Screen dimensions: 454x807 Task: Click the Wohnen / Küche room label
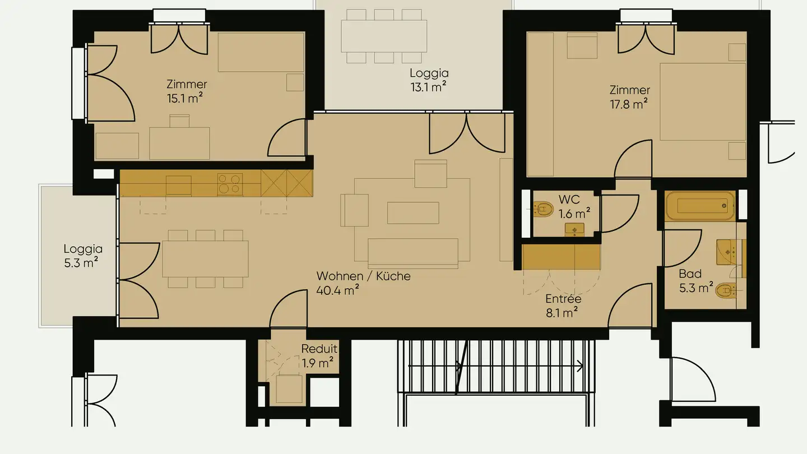[363, 276]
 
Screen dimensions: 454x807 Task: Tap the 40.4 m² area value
[337, 290]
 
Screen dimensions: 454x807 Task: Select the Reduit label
[319, 349]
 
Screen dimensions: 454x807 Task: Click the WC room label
[569, 200]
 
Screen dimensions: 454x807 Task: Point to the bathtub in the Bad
[699, 206]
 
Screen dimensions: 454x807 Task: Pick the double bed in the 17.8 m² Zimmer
[703, 102]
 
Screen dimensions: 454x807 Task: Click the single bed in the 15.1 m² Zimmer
[261, 52]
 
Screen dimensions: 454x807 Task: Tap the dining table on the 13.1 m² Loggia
[384, 35]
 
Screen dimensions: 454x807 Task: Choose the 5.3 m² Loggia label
[83, 255]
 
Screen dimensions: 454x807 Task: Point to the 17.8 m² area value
[629, 104]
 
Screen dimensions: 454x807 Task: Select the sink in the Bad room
[727, 252]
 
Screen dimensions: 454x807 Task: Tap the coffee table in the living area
[412, 213]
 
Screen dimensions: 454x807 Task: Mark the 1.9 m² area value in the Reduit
[318, 363]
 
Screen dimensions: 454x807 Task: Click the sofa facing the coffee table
[413, 252]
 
